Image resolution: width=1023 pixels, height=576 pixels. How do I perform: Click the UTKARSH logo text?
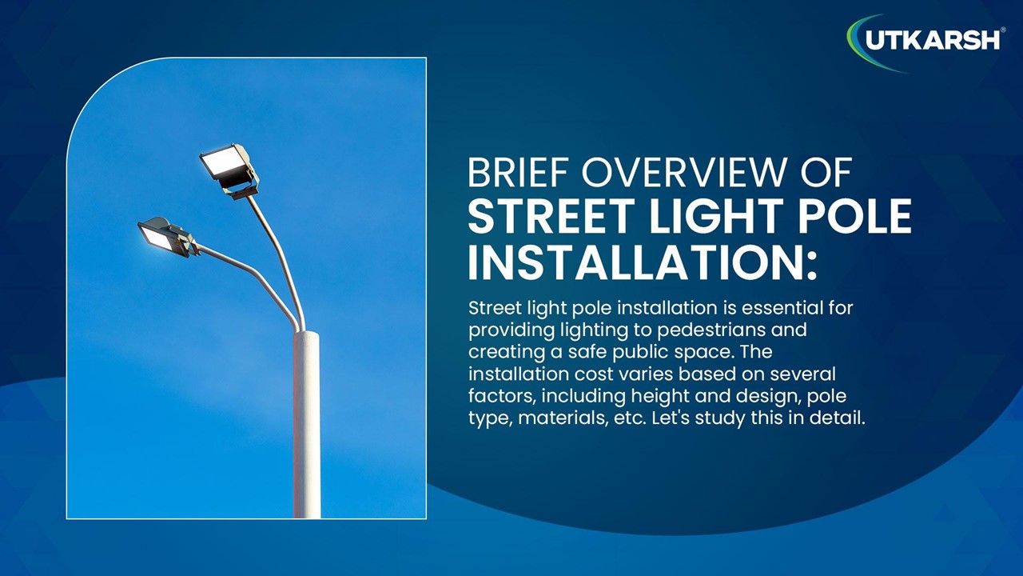click(932, 39)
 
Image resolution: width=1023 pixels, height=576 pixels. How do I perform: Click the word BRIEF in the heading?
click(518, 174)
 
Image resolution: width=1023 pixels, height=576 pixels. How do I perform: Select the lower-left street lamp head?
click(165, 236)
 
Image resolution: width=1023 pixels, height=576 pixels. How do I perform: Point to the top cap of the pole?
click(306, 334)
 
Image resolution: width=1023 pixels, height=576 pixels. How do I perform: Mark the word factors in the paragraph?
click(500, 396)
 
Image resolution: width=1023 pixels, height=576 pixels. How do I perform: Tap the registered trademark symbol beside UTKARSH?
click(1003, 30)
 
